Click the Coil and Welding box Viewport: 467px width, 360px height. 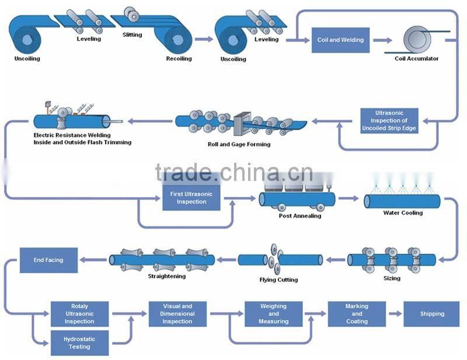pyautogui.click(x=340, y=40)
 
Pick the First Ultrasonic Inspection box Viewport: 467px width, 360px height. pyautogui.click(x=191, y=198)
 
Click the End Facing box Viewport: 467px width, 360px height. pyautogui.click(x=48, y=260)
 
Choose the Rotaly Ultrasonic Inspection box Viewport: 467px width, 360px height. pyautogui.click(x=79, y=313)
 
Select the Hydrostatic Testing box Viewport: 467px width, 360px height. pyautogui.click(x=79, y=342)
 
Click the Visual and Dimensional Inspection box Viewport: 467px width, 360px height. pyautogui.click(x=177, y=313)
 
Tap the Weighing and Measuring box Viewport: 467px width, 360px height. pyautogui.click(x=273, y=313)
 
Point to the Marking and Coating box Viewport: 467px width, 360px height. pyautogui.click(x=357, y=313)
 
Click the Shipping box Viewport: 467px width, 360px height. pyautogui.click(x=432, y=314)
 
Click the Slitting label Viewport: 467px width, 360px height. pyautogui.click(x=132, y=35)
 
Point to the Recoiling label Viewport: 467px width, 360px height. pyautogui.click(x=179, y=59)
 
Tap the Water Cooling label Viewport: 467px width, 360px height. pyautogui.click(x=403, y=213)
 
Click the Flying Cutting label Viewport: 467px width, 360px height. pyautogui.click(x=278, y=280)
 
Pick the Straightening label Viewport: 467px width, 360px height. pyautogui.click(x=167, y=276)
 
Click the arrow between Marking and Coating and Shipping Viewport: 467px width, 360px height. pyautogui.click(x=395, y=314)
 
